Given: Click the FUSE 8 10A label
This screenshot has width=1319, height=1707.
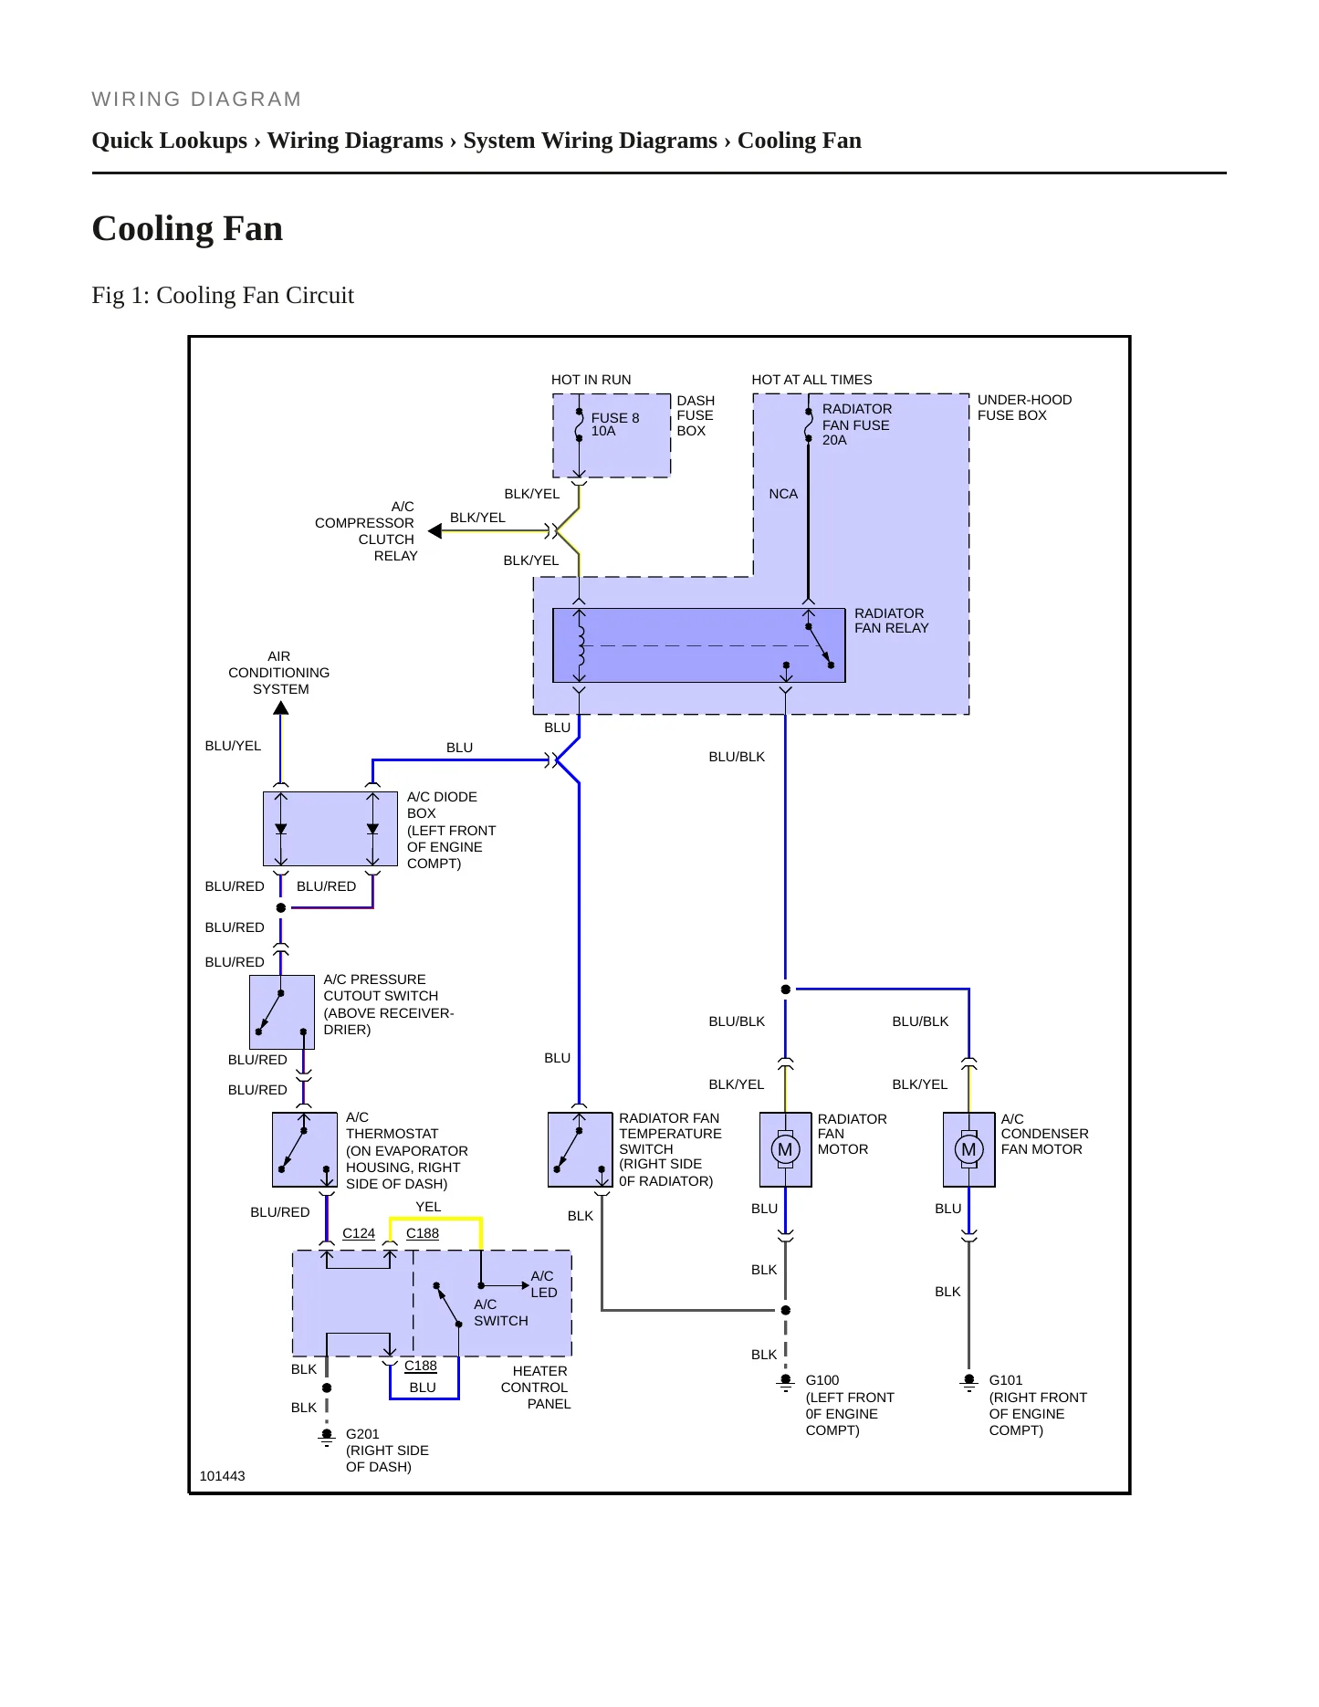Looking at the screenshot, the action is coord(615,424).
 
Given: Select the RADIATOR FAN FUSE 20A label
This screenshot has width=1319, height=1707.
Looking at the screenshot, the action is coord(856,424).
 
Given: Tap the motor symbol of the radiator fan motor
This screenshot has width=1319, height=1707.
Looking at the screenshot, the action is coord(785,1149).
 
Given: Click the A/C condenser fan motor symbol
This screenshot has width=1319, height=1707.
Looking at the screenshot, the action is coord(968,1149).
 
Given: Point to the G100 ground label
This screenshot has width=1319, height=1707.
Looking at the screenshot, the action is coord(822,1380).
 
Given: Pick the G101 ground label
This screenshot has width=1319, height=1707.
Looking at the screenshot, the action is coord(1005,1380).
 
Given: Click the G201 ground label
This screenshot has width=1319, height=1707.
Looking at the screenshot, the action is coord(362,1434).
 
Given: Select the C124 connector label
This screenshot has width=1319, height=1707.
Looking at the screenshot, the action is coord(359,1233).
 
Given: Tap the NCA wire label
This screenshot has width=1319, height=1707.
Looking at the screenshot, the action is coord(783,494).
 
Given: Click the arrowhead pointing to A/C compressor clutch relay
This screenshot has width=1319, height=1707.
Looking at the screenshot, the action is coord(434,531).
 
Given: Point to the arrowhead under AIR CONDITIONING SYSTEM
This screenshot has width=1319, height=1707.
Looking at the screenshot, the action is coord(281,707).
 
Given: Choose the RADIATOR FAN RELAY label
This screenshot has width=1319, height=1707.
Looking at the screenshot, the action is coord(891,621).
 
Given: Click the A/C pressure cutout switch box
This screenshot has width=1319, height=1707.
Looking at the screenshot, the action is coord(282,1012).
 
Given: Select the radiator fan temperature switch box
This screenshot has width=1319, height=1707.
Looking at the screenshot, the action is coord(580,1149).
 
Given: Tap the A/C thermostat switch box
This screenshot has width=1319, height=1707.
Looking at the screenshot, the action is coord(305,1149).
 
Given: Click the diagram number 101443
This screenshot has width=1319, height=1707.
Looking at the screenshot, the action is coord(222,1476).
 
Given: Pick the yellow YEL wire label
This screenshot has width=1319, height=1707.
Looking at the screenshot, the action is coord(428,1207).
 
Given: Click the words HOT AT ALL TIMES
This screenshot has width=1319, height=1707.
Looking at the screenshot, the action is coord(811,380).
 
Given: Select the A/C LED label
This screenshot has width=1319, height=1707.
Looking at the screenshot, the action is coord(543,1284).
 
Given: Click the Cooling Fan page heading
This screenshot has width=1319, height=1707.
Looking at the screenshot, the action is coord(187,228).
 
